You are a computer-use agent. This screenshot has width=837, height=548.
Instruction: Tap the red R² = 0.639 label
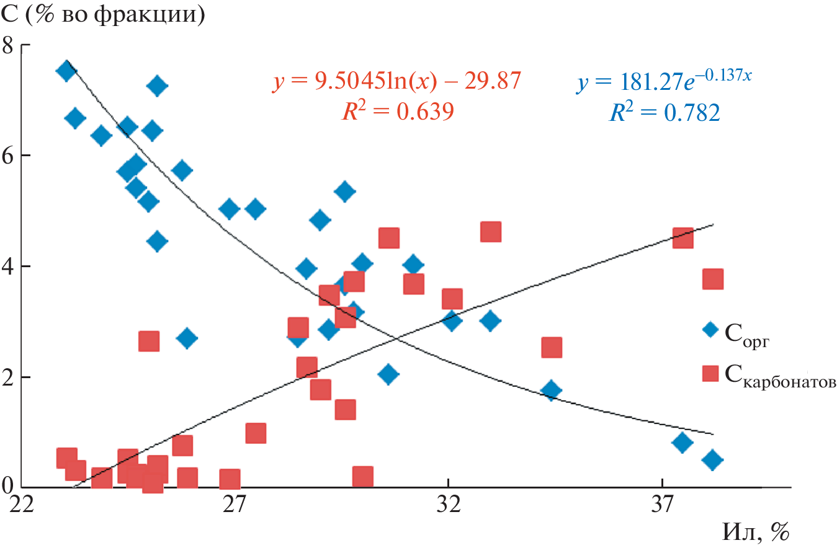tap(396, 112)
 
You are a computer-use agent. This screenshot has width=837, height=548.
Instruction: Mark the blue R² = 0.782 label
tap(663, 113)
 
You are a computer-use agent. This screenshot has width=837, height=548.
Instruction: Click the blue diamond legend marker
tap(710, 329)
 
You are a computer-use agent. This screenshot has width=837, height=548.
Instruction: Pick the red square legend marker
tap(710, 373)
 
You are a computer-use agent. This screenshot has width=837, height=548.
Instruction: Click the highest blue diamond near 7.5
tap(66, 70)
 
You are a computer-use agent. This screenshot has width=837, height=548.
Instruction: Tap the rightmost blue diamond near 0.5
tap(713, 460)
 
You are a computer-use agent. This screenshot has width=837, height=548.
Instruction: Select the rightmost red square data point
tap(713, 280)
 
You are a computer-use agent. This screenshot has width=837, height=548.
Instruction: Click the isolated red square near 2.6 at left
tap(149, 341)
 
